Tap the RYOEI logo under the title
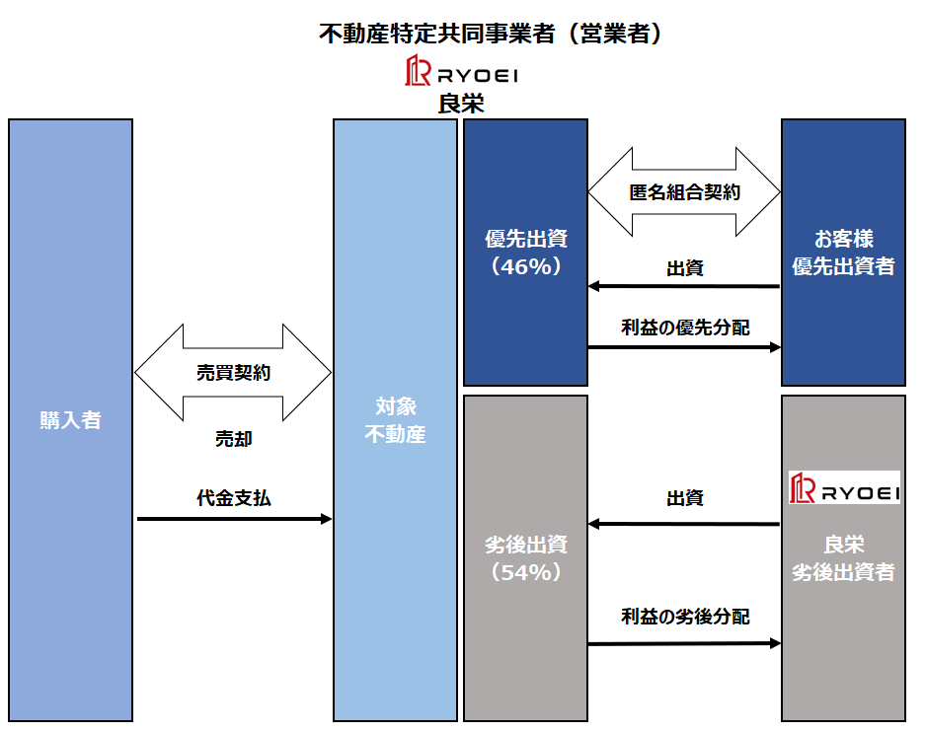[462, 73]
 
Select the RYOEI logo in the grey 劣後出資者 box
[844, 488]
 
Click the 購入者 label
[70, 420]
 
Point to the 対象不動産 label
[395, 419]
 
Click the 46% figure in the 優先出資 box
[525, 266]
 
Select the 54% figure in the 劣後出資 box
[525, 572]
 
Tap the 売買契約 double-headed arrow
[233, 372]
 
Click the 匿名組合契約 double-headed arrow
[684, 192]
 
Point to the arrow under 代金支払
[234, 518]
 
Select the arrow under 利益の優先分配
[684, 347]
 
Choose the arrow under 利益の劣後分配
[684, 644]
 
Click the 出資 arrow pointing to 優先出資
[684, 287]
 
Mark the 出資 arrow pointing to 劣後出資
[684, 524]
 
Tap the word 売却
[233, 439]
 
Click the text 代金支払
[233, 498]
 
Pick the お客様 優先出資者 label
[843, 254]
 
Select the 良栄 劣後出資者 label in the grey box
[843, 558]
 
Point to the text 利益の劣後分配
[684, 617]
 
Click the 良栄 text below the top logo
[461, 104]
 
